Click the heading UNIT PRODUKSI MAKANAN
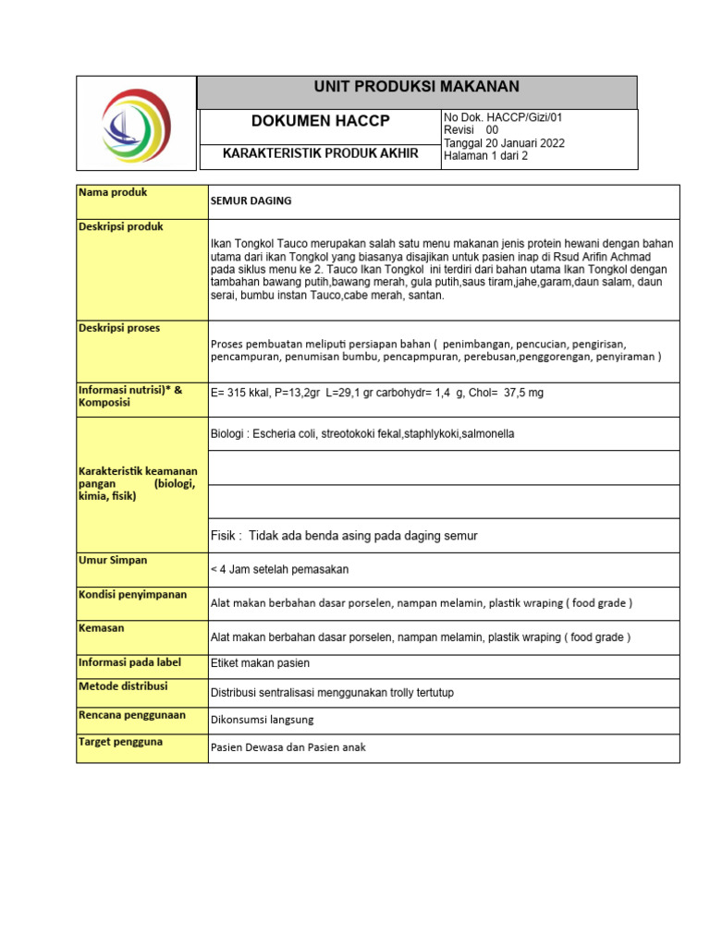coord(417,88)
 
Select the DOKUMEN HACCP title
coord(321,122)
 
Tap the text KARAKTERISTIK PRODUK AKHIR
coord(321,153)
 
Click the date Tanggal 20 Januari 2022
coord(504,143)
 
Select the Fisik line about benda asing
coord(344,536)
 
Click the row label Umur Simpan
coord(114,560)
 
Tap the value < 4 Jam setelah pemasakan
coord(279,569)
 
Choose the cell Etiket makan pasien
coord(260,662)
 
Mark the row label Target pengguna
coord(121,742)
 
